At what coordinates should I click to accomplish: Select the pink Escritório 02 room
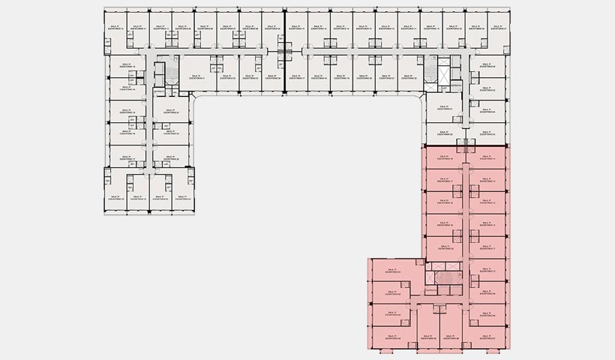pyautogui.click(x=391, y=292)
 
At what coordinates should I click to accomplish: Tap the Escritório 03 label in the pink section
pyautogui.click(x=390, y=315)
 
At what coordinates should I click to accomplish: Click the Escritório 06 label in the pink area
pyautogui.click(x=451, y=336)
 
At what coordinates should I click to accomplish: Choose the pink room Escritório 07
pyautogui.click(x=489, y=337)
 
